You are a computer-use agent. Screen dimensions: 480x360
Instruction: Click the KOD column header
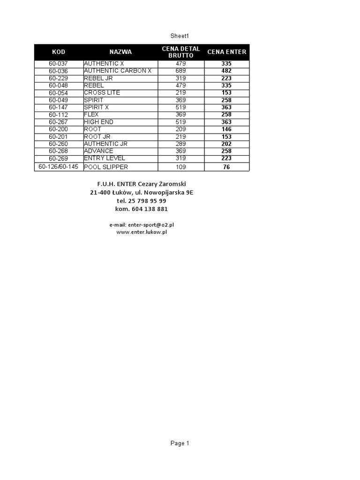coord(59,52)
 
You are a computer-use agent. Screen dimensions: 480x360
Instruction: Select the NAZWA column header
coord(120,52)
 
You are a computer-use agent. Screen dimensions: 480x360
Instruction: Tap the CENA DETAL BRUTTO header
coord(180,52)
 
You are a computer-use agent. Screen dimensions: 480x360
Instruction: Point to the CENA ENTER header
coord(226,52)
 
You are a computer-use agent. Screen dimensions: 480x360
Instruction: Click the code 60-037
coord(59,63)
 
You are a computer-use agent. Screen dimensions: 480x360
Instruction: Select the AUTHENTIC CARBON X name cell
coord(118,71)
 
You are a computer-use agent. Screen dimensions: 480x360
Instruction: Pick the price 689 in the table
coord(180,71)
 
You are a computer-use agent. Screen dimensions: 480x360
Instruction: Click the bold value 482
coord(226,71)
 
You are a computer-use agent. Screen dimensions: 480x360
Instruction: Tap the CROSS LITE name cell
coord(102,93)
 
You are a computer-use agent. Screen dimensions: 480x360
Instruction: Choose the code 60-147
coord(59,107)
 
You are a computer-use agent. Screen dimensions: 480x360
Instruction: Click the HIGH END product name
coord(98,122)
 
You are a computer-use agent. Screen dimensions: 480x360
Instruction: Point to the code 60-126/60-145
coord(59,166)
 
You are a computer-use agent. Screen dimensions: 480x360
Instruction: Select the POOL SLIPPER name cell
coord(106,167)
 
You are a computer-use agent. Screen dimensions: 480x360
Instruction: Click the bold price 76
coord(226,167)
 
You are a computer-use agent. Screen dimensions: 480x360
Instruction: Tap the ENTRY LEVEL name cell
coord(105,158)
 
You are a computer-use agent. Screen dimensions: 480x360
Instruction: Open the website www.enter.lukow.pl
coord(142,232)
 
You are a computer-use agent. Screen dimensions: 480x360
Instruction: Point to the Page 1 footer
coord(180,443)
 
